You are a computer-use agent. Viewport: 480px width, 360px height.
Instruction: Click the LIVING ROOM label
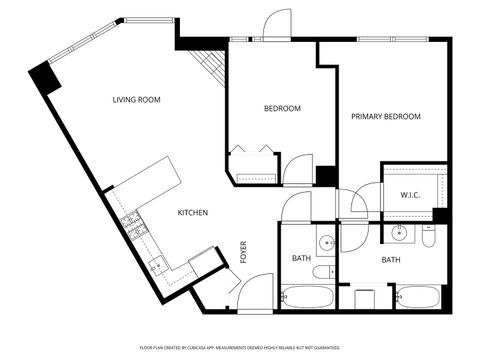pos(136,100)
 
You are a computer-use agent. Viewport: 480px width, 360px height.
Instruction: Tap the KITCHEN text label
pos(193,213)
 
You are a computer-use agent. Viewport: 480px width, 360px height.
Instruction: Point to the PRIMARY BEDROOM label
pos(385,117)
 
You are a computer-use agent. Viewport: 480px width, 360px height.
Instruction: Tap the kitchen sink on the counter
pos(157,266)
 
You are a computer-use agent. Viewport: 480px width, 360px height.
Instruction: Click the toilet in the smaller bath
pos(323,272)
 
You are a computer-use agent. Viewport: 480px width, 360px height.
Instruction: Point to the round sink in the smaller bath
pos(325,243)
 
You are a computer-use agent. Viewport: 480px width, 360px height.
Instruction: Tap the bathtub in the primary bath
pos(418,297)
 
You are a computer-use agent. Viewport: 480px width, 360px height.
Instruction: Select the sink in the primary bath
pos(399,235)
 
